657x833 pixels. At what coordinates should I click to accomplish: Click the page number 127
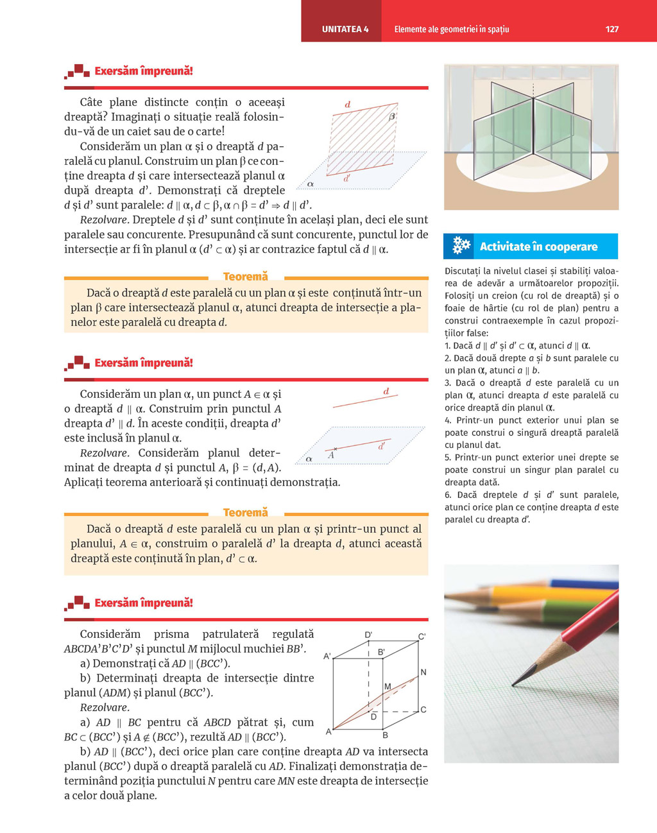(611, 29)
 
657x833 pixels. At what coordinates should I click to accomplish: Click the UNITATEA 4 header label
(345, 29)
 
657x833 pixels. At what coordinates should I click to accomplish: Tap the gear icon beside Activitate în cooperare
(461, 246)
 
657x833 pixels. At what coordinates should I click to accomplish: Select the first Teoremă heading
(245, 277)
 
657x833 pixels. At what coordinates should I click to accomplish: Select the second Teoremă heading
(245, 513)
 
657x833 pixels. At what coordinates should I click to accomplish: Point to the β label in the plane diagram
(392, 117)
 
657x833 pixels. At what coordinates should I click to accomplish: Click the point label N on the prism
(423, 672)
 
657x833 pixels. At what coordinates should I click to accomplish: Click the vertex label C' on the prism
(422, 637)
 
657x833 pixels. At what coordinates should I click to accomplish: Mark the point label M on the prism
(388, 687)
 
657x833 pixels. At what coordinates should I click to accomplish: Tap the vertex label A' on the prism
(327, 657)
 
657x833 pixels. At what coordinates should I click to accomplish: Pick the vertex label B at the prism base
(385, 735)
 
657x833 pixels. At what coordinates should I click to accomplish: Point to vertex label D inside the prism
(373, 717)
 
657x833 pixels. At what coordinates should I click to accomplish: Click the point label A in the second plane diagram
(331, 456)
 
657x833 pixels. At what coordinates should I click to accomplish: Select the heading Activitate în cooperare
(538, 246)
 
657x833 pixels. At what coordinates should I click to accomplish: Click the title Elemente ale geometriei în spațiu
(452, 29)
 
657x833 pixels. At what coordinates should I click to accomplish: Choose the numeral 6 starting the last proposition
(448, 495)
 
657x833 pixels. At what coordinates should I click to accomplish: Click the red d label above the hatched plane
(348, 105)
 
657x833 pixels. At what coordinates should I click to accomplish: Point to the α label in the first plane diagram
(311, 184)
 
